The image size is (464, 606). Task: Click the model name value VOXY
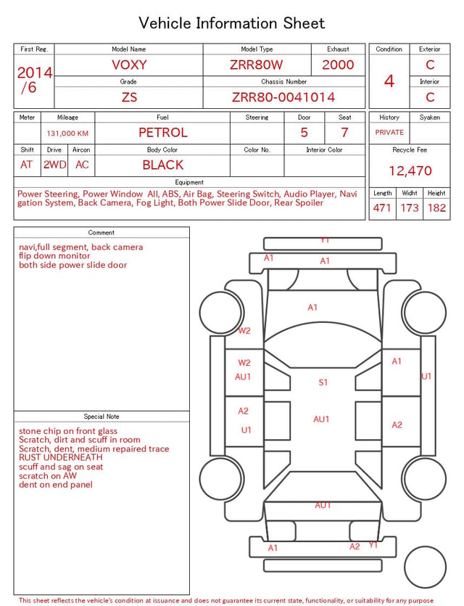click(129, 65)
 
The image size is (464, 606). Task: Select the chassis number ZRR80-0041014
click(283, 97)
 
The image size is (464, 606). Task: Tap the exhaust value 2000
click(338, 65)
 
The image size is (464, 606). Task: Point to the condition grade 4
click(389, 81)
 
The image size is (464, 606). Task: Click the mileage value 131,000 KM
click(67, 134)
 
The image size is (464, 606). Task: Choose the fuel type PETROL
click(163, 133)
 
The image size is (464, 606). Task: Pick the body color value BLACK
click(163, 165)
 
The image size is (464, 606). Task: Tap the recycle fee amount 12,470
click(410, 171)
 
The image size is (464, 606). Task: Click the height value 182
click(436, 208)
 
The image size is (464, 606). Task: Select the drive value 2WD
click(54, 165)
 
